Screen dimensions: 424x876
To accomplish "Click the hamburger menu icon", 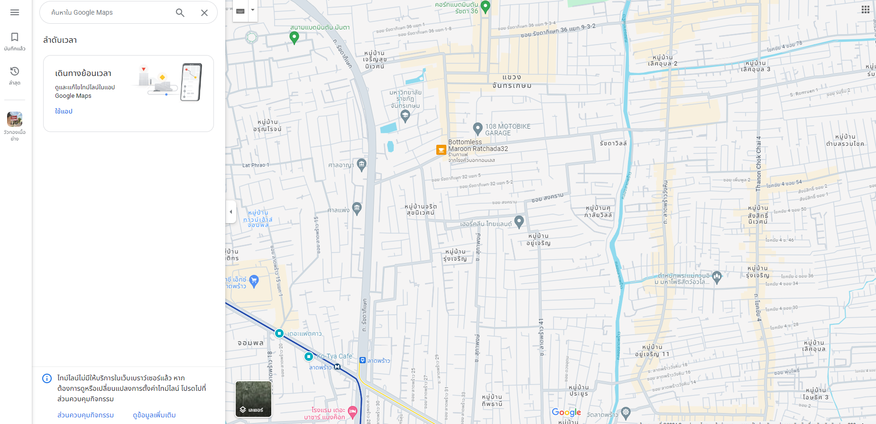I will (x=15, y=12).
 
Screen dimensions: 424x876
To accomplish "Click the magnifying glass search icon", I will (x=180, y=13).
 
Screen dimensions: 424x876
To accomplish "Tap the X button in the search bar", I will (x=204, y=13).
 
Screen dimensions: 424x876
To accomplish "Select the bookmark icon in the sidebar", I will (x=15, y=37).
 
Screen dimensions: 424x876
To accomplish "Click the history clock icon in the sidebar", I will (x=15, y=71).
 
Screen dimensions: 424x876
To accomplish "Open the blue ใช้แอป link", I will (x=64, y=111).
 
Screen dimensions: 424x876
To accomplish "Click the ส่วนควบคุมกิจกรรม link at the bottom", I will (x=85, y=415).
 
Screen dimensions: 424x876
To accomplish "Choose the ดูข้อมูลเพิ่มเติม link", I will (x=154, y=415).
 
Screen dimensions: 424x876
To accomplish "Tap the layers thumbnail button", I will (x=254, y=399).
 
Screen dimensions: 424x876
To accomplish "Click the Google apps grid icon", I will (x=866, y=10).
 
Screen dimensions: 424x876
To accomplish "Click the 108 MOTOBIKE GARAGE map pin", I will (x=478, y=128).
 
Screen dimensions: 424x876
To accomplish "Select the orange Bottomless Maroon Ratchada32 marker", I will (x=442, y=150).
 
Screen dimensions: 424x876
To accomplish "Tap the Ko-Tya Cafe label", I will (x=335, y=356).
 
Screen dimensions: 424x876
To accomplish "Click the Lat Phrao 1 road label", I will (x=256, y=165).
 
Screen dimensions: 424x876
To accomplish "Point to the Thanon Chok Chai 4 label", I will (x=758, y=164).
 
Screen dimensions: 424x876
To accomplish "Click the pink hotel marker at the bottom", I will (x=352, y=411).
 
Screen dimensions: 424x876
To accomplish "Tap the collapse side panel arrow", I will (x=231, y=212).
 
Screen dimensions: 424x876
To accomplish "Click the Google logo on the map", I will (x=566, y=412).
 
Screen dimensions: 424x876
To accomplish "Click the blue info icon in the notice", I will (x=47, y=378).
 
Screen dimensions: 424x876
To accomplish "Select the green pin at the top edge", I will (x=485, y=7).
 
